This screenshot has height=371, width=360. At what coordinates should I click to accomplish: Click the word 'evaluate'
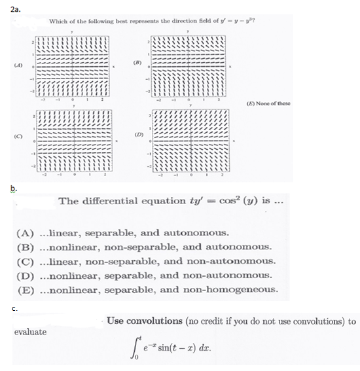[x=30, y=332]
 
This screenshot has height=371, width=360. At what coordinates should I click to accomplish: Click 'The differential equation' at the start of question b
[x=114, y=200]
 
